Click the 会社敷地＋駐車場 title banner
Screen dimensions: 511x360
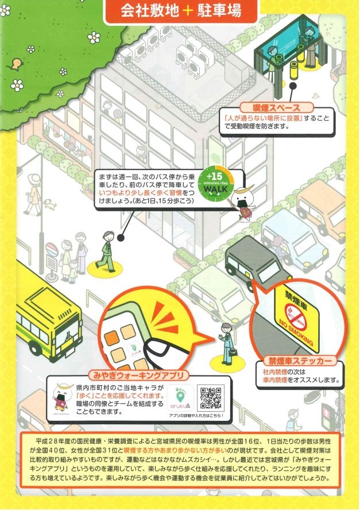181,11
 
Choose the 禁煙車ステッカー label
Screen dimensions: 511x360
300,361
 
